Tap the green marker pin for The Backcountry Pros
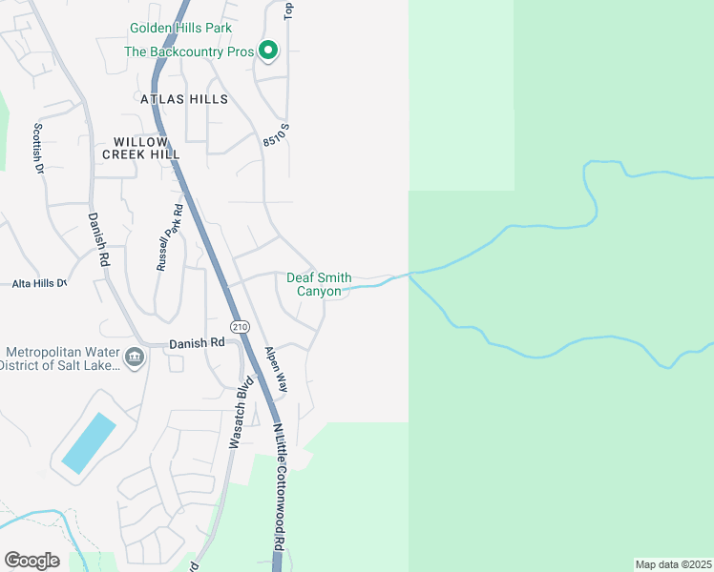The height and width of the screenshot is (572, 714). click(269, 51)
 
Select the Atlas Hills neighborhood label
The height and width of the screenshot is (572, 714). click(184, 99)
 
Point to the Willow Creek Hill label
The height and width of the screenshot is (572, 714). click(141, 148)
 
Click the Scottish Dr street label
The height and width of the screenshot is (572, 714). click(39, 148)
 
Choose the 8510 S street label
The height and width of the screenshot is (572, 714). click(276, 141)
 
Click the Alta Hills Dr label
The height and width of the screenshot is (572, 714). click(38, 283)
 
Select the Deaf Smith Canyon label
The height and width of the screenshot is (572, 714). click(319, 284)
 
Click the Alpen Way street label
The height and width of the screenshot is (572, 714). click(276, 368)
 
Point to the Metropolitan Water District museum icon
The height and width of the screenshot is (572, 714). click(135, 358)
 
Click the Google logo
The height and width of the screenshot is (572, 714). click(31, 561)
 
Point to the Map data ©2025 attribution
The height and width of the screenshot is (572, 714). click(674, 564)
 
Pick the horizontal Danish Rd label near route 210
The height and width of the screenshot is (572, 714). click(197, 342)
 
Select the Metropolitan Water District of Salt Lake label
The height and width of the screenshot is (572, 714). click(59, 358)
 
